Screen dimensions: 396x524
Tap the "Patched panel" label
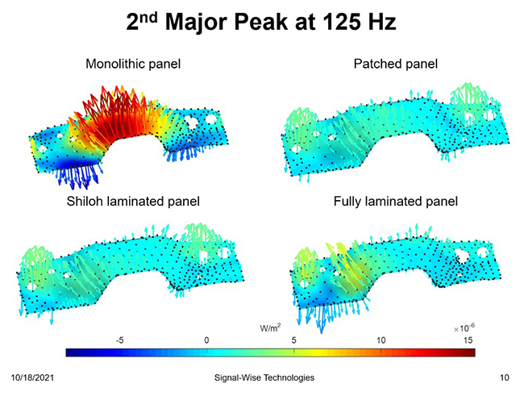[395, 64]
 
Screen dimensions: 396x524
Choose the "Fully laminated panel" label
[395, 201]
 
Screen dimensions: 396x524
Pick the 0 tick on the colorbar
[207, 340]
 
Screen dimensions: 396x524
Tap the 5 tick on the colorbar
[293, 340]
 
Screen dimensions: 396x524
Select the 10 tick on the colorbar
[381, 340]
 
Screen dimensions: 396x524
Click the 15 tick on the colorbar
[467, 340]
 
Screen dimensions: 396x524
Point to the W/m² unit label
[270, 328]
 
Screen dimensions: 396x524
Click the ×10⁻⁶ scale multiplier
[464, 329]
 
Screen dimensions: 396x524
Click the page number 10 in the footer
[505, 377]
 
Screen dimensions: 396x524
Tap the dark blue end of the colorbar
[71, 352]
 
